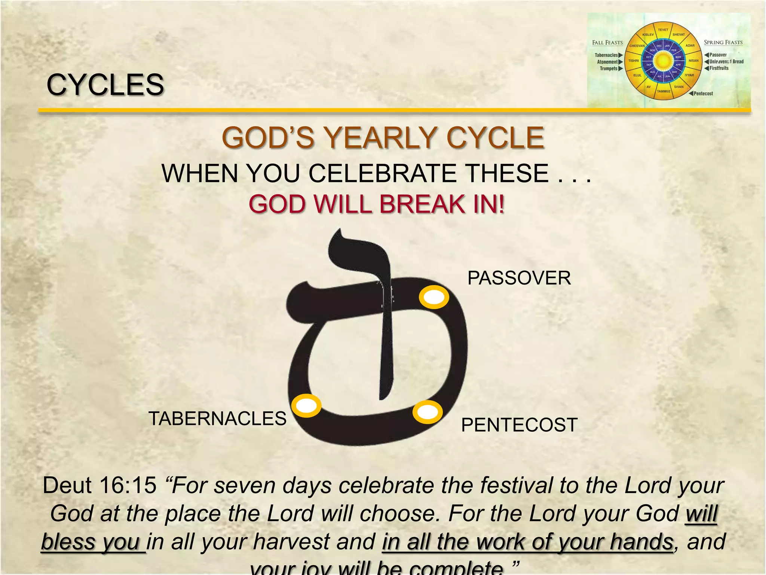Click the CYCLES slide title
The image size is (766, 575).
105,85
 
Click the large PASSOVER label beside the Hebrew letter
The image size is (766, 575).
519,278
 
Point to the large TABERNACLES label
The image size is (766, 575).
217,419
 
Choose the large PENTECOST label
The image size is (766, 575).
519,425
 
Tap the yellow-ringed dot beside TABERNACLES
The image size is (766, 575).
306,405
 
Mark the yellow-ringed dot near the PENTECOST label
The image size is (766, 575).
428,412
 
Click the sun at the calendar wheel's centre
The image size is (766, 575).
664,61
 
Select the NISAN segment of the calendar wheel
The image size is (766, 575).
693,61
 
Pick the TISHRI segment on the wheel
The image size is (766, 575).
634,61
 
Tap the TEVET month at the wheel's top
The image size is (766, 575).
663,30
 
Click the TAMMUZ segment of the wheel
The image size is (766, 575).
664,91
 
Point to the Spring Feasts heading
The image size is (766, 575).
723,43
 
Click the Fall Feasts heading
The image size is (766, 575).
607,43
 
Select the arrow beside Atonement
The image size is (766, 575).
621,62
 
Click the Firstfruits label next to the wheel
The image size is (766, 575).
719,68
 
